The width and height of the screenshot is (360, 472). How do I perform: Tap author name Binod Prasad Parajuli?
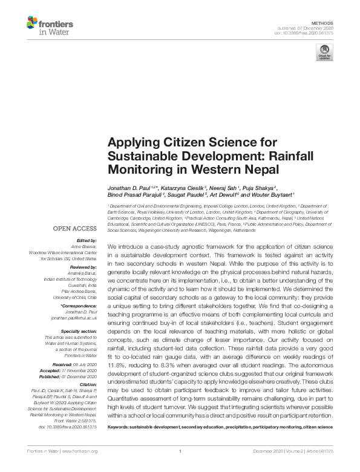135,195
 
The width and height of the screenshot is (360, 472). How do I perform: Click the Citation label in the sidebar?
87,384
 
